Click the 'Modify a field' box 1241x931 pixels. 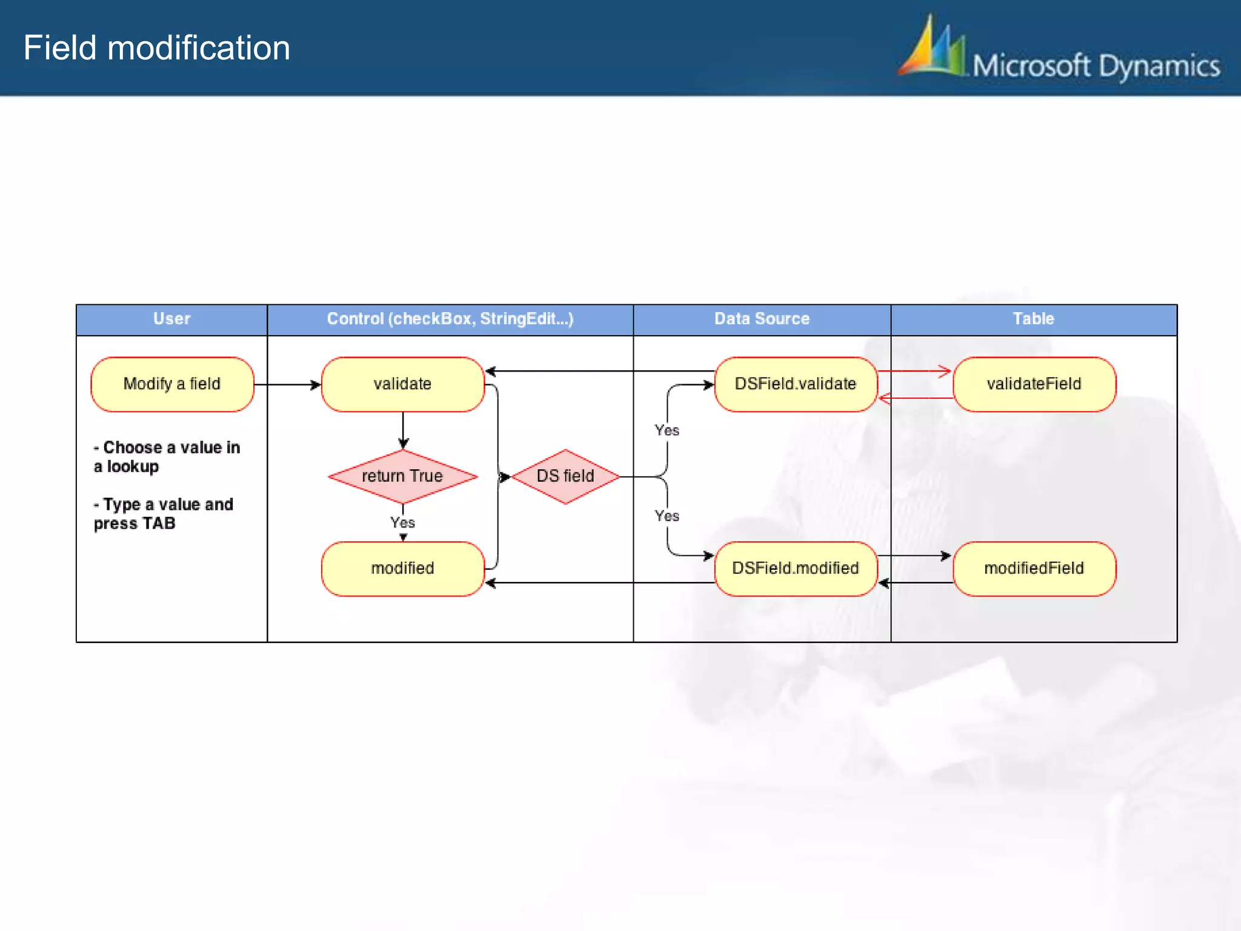pyautogui.click(x=172, y=384)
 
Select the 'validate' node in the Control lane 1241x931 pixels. pyautogui.click(x=402, y=384)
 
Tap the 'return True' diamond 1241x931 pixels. pyautogui.click(x=402, y=476)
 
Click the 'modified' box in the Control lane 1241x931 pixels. pyautogui.click(x=402, y=569)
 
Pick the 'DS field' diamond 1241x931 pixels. pyautogui.click(x=565, y=476)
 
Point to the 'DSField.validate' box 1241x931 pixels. pyautogui.click(x=795, y=384)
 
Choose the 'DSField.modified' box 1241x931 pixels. pyautogui.click(x=795, y=569)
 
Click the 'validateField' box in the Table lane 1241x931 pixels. pyautogui.click(x=1034, y=384)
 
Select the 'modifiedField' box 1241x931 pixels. pyautogui.click(x=1034, y=569)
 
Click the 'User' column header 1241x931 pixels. pyautogui.click(x=171, y=319)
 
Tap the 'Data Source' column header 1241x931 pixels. pyautogui.click(x=762, y=319)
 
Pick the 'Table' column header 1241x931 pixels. pyautogui.click(x=1033, y=319)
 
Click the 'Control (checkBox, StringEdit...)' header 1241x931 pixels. pyautogui.click(x=450, y=319)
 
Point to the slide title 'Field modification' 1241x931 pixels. pyautogui.click(x=157, y=48)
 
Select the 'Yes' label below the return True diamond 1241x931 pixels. pyautogui.click(x=402, y=522)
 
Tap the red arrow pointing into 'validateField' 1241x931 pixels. pyautogui.click(x=915, y=371)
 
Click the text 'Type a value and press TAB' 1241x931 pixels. pyautogui.click(x=164, y=514)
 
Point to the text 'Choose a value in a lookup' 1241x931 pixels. pyautogui.click(x=167, y=457)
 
